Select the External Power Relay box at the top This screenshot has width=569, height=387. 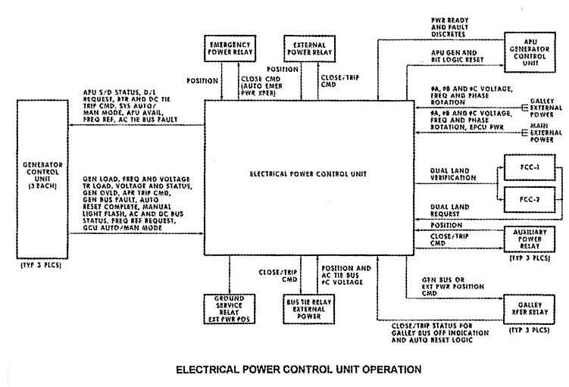pos(308,49)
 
